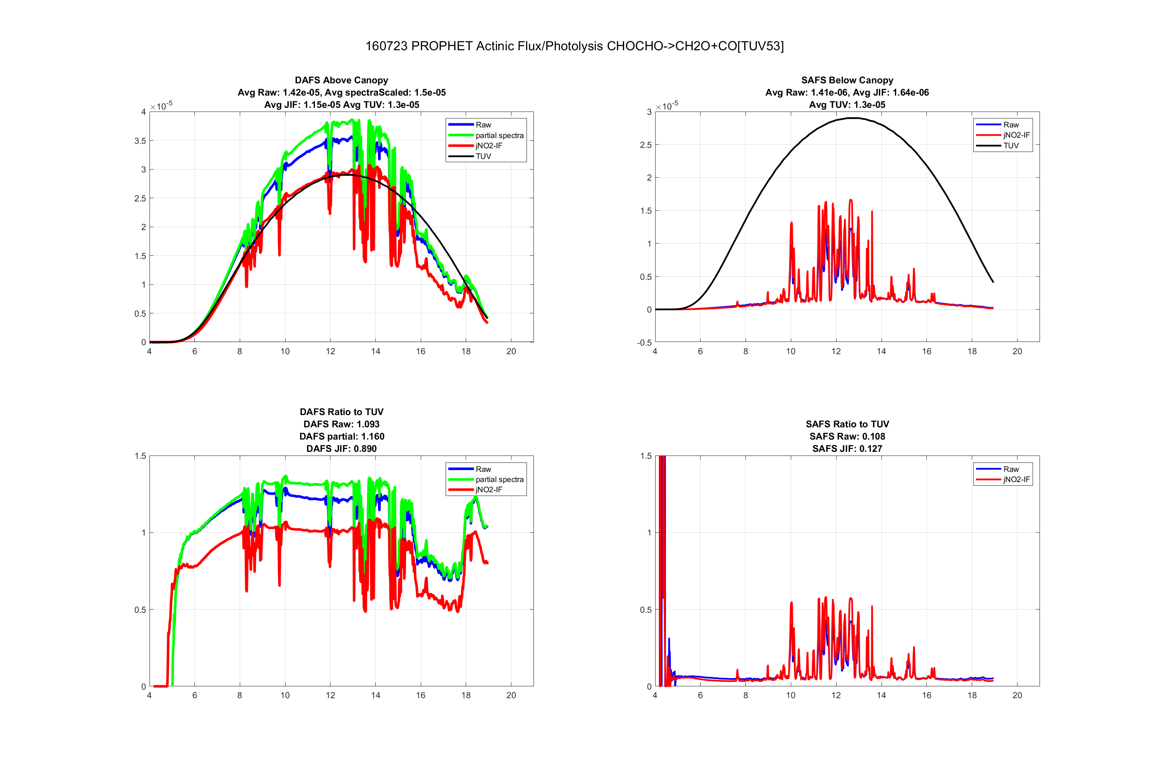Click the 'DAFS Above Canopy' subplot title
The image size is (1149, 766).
coord(341,80)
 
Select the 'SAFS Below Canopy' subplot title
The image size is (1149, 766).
coord(847,80)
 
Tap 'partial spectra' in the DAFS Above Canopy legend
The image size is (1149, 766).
coord(499,135)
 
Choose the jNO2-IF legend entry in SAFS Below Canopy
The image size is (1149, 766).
coord(1016,135)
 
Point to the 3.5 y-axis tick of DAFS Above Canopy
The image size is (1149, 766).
coord(140,141)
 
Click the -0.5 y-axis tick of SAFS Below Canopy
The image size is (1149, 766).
coord(644,342)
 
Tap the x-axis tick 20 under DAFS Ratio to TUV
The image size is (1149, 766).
coord(511,695)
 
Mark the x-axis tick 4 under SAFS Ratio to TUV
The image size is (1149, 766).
coord(655,695)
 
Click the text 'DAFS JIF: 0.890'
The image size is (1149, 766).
coord(341,449)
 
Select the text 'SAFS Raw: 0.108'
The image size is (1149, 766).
coord(847,436)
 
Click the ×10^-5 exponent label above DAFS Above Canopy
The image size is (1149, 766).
coord(161,105)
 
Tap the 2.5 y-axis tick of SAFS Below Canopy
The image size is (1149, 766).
coord(645,145)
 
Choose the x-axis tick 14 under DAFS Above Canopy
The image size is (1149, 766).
coord(375,351)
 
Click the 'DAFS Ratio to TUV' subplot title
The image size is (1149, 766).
coord(341,412)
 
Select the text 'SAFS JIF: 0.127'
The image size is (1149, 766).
coord(847,449)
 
